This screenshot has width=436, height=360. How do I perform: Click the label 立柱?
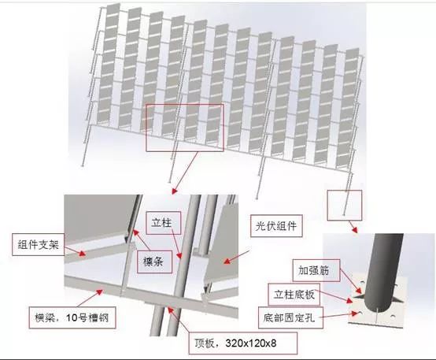click(x=163, y=223)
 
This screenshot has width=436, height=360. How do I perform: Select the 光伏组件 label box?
click(x=276, y=226)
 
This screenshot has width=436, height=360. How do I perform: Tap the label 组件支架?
click(x=39, y=245)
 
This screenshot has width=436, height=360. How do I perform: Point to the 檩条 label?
click(x=154, y=262)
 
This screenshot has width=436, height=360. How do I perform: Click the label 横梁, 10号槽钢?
click(x=72, y=317)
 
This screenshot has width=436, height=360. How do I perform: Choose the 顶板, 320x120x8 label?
click(x=242, y=343)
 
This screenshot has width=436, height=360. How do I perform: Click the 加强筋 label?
click(x=316, y=270)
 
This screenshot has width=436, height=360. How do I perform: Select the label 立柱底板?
click(x=294, y=295)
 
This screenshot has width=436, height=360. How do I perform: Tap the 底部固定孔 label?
click(x=290, y=317)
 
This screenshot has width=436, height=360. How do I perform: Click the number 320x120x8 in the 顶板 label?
click(x=251, y=343)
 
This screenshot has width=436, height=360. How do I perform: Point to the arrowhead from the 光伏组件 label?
click(x=227, y=262)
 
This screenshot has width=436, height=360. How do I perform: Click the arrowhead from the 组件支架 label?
click(x=83, y=254)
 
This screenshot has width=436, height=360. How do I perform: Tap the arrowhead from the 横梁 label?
click(x=100, y=292)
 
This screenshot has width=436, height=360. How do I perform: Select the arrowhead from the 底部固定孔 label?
click(x=355, y=314)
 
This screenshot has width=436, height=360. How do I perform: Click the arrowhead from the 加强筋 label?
click(x=360, y=291)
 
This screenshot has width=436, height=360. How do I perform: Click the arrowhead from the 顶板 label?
click(x=170, y=310)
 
